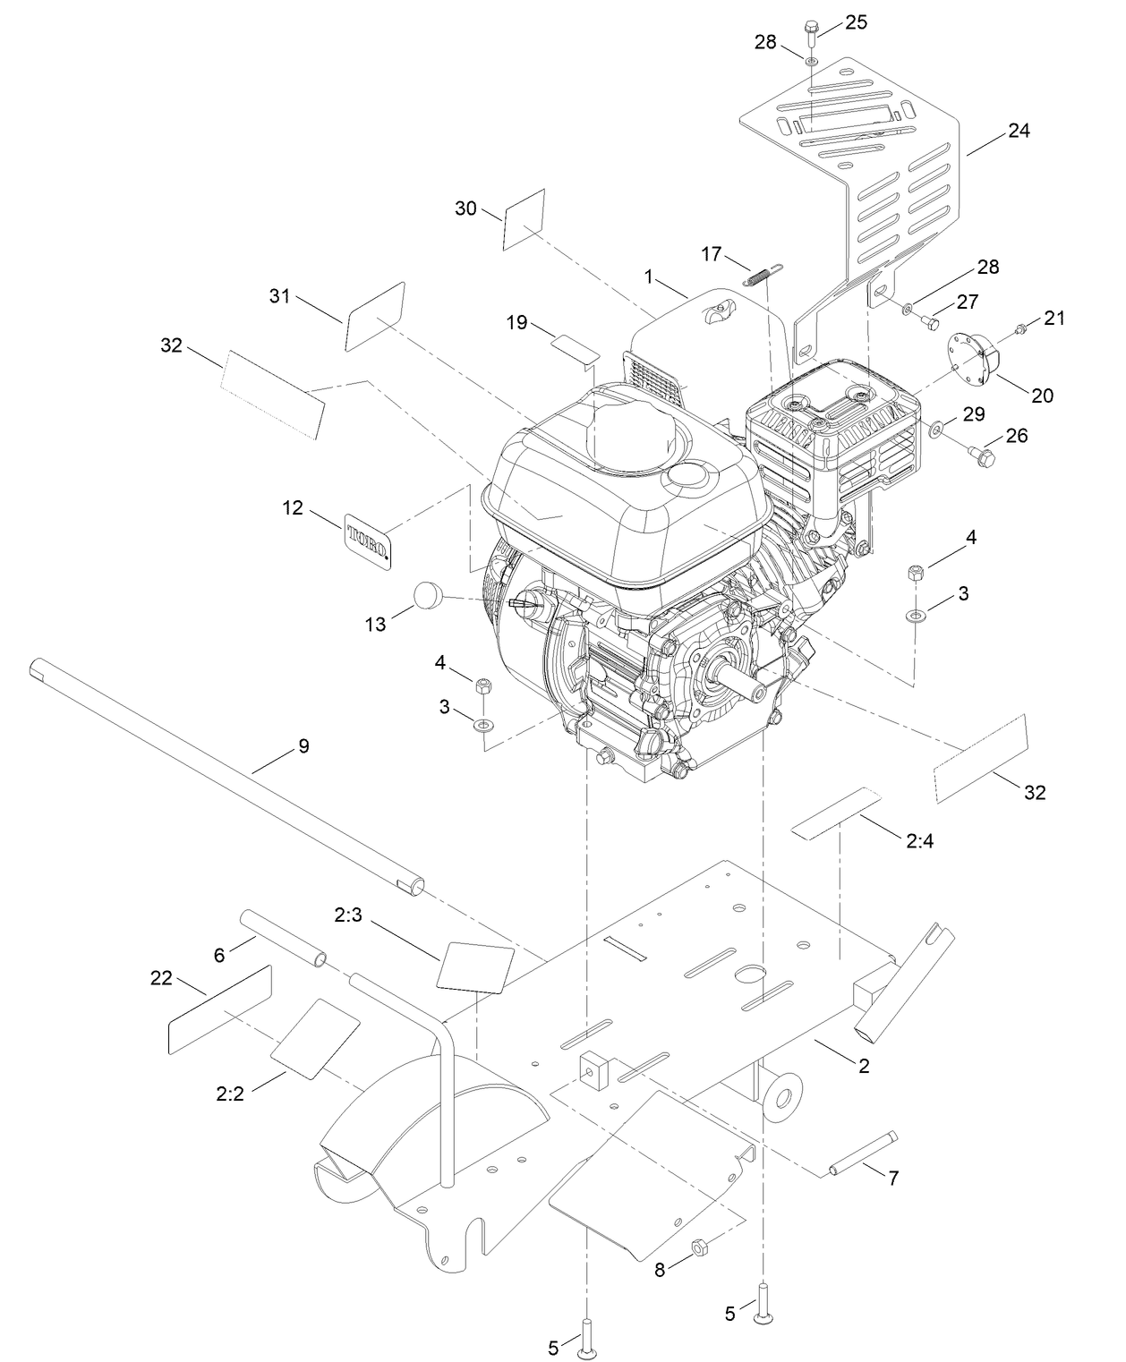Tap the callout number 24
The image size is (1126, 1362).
[x=1019, y=131]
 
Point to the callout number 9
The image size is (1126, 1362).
[x=303, y=745]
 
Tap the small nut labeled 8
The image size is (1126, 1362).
[x=701, y=1246]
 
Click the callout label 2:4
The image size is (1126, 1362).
[x=920, y=841]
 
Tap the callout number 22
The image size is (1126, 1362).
[x=160, y=978]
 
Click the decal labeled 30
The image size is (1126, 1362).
[x=525, y=219]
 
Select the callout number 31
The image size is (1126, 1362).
[x=280, y=295]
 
